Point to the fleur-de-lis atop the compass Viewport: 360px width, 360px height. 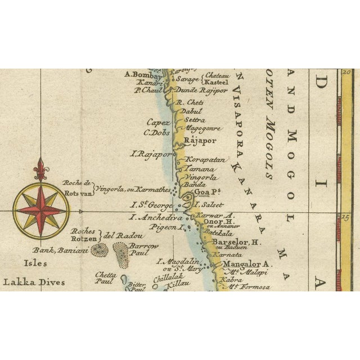click(x=40, y=168)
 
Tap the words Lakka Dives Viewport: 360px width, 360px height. click(x=33, y=282)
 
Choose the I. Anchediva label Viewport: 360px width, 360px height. click(x=156, y=217)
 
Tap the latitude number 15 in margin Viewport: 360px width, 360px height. click(x=346, y=215)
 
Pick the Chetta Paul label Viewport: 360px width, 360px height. click(x=105, y=277)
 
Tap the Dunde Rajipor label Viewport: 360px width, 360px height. click(x=201, y=90)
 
